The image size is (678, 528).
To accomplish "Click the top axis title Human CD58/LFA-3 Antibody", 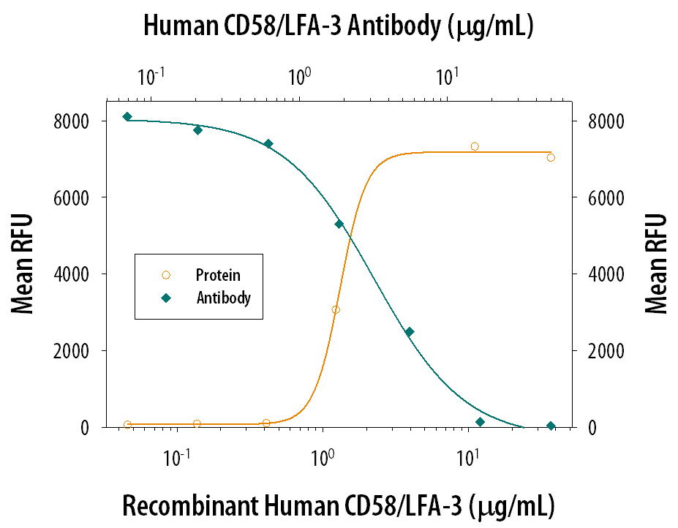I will [339, 26].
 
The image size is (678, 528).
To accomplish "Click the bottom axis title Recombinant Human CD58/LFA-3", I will [337, 505].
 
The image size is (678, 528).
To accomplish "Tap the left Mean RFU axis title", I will [24, 264].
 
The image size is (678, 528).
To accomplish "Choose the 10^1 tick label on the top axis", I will [447, 75].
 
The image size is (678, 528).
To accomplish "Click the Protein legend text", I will [218, 276].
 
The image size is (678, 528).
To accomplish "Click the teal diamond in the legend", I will [165, 298].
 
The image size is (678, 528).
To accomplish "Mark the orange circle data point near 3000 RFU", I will [336, 309].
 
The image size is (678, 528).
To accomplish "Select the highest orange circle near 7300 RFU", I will [475, 146].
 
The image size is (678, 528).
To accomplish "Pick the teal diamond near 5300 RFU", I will [339, 224].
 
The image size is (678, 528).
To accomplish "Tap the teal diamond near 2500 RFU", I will [410, 332].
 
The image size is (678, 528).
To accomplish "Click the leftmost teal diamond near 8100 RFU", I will [127, 116].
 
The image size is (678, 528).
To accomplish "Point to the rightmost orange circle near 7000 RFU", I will [551, 157].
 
